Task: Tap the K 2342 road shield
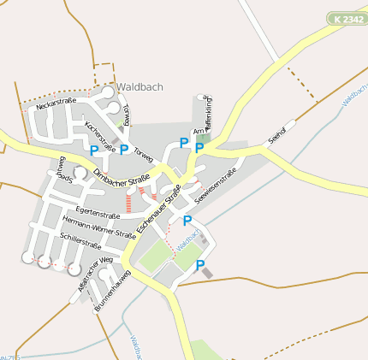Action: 346,18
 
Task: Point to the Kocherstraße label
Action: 100,134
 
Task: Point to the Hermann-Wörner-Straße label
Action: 99,227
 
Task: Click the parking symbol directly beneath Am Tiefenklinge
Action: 199,148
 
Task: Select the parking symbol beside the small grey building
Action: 200,266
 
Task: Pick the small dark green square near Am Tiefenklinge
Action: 202,137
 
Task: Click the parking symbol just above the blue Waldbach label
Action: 187,220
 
